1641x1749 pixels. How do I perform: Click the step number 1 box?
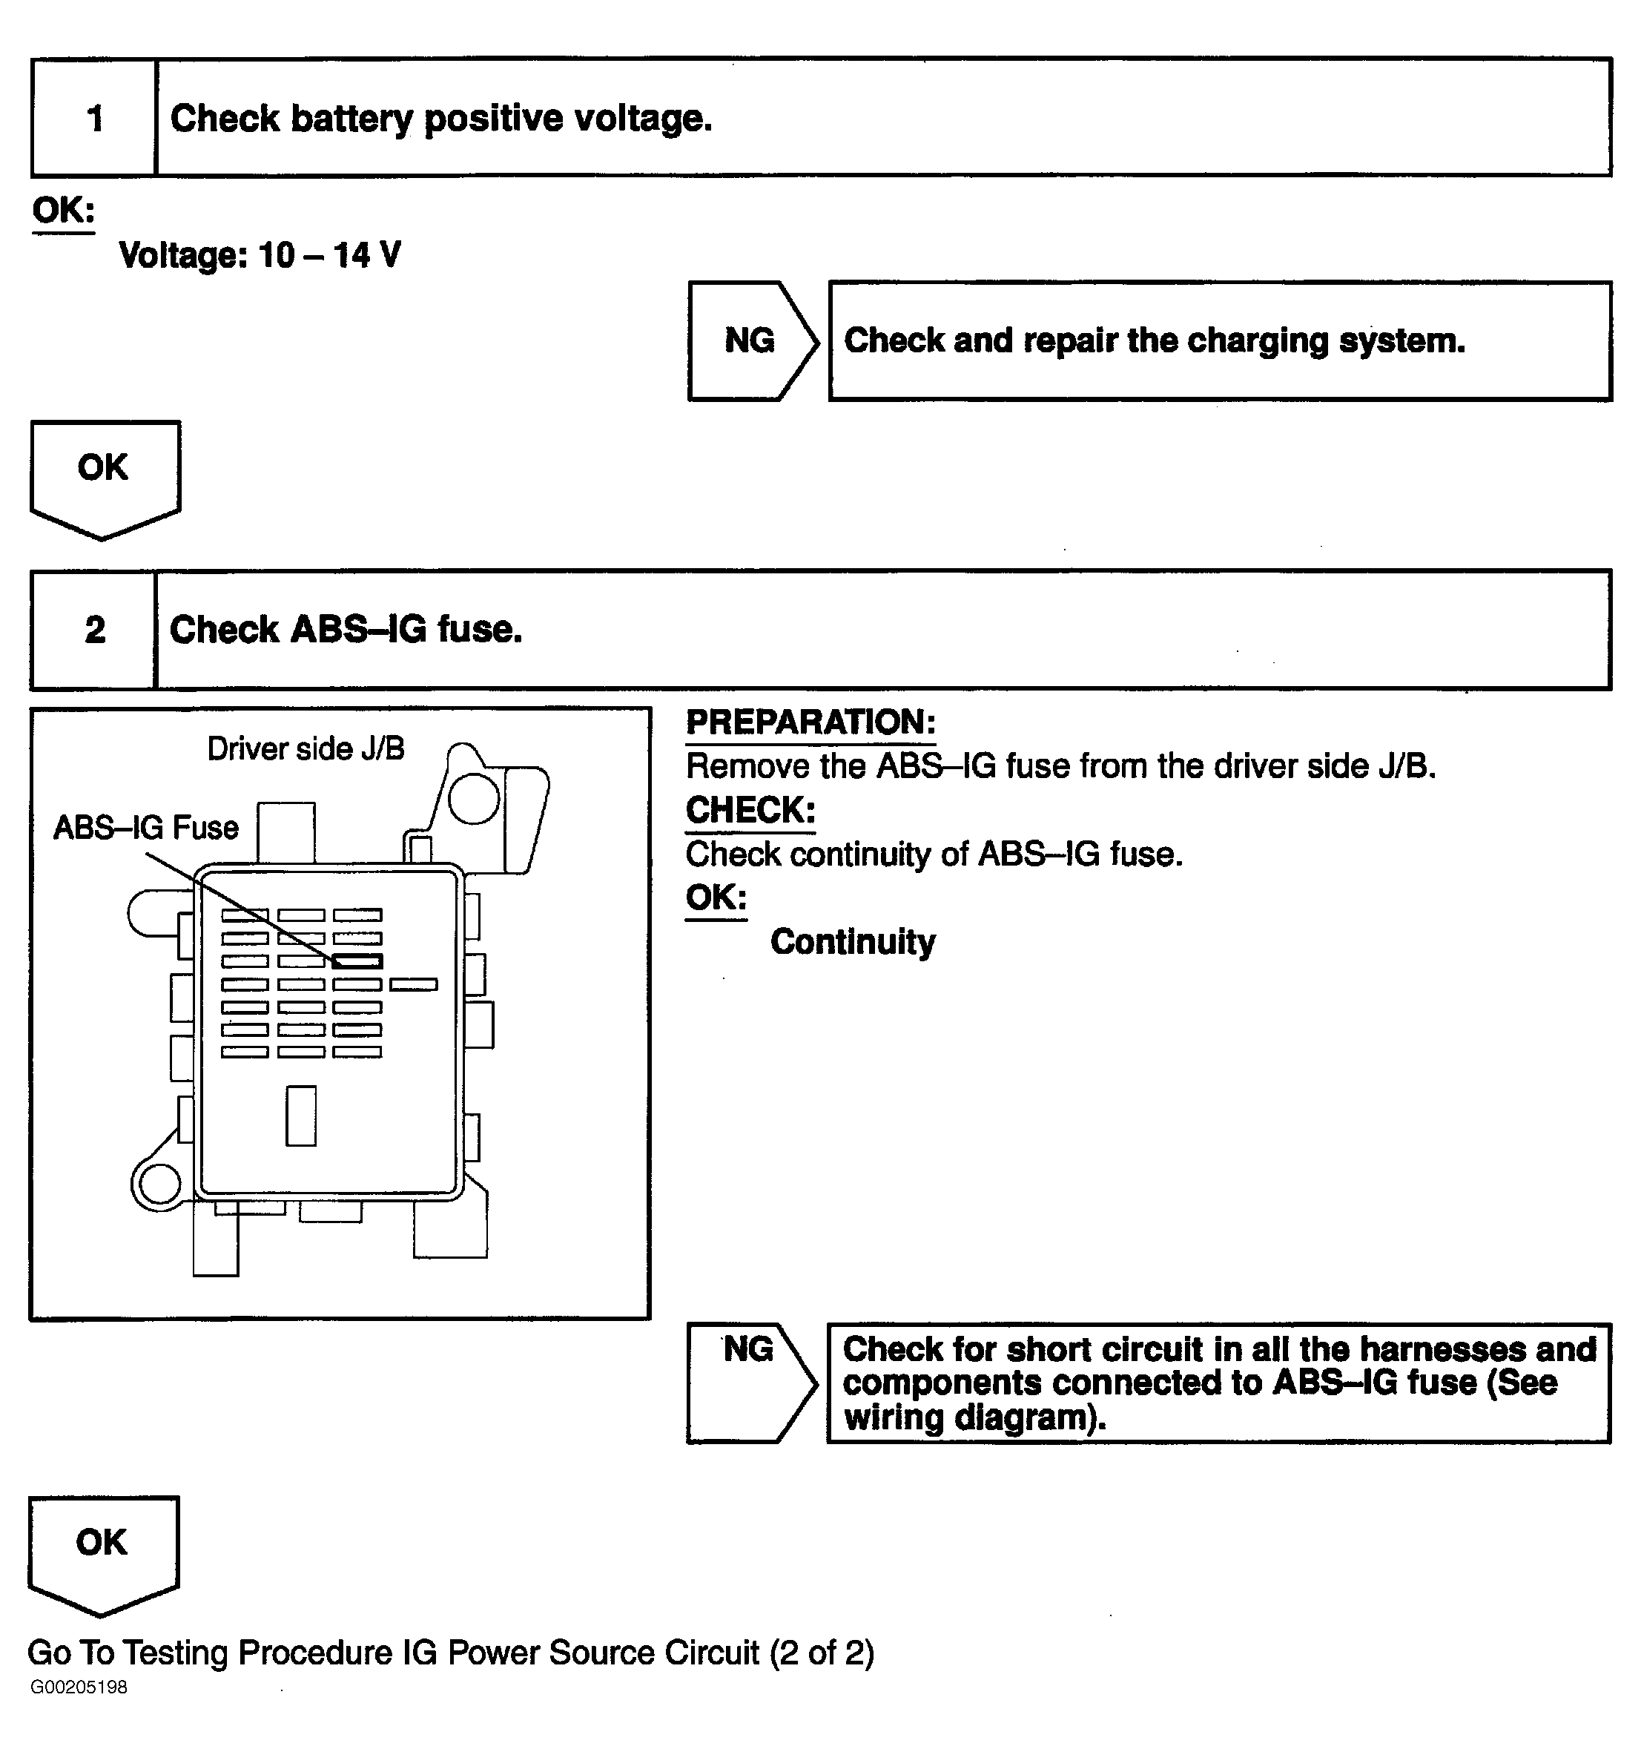(x=94, y=118)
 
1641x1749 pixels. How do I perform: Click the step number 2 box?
(x=94, y=630)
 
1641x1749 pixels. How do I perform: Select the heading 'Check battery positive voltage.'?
(x=440, y=118)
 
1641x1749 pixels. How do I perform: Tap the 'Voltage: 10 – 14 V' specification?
(x=260, y=255)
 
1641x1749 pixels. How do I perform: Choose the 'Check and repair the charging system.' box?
(x=1219, y=340)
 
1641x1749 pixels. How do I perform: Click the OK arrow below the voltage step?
(x=104, y=475)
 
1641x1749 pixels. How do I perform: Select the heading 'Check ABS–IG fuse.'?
(x=346, y=630)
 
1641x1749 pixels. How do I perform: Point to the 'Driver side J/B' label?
(x=306, y=748)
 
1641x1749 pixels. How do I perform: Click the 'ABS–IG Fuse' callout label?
(x=145, y=828)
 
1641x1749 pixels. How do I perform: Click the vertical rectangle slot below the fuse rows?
(x=301, y=1116)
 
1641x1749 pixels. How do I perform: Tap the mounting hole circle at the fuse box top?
(x=473, y=799)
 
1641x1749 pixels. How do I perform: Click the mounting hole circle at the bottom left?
(x=160, y=1183)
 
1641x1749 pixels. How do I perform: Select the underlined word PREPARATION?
(x=810, y=722)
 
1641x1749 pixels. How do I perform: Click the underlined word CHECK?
(x=750, y=810)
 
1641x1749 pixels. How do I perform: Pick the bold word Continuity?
(x=852, y=941)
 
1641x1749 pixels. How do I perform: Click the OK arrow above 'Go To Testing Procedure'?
(x=102, y=1552)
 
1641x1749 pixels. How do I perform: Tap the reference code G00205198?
(x=79, y=1687)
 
